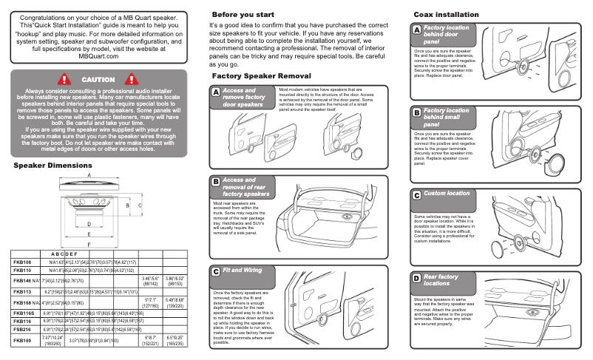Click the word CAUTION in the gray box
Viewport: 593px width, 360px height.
click(x=98, y=79)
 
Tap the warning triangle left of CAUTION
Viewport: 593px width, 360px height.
click(x=64, y=79)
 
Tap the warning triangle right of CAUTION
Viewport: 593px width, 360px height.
click(x=133, y=79)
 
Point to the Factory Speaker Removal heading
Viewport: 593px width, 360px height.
click(x=261, y=76)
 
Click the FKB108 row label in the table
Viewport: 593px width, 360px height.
click(x=22, y=262)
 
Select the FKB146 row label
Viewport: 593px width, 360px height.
click(x=22, y=281)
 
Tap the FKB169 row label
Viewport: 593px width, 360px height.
click(x=22, y=341)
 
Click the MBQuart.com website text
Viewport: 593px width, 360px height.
click(x=98, y=55)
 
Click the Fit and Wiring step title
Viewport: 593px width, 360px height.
click(x=243, y=271)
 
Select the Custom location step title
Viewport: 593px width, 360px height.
click(x=446, y=194)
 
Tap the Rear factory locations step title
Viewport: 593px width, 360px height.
click(x=441, y=279)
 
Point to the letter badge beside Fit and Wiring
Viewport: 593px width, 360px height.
click(x=215, y=271)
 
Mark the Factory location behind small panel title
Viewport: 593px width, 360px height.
click(x=446, y=117)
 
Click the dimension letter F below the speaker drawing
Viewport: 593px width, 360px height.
click(x=89, y=244)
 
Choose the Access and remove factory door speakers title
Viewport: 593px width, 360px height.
click(x=243, y=98)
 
